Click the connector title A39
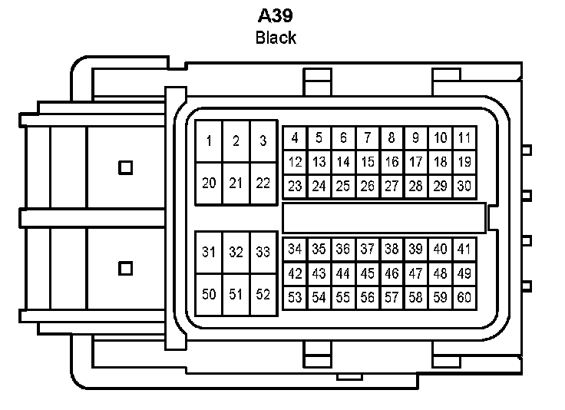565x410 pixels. [x=276, y=16]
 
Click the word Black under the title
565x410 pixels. [x=276, y=38]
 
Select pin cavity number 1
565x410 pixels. [x=209, y=141]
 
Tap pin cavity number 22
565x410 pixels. [x=263, y=184]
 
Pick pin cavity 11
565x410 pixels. [x=465, y=137]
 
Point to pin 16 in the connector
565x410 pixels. [x=392, y=162]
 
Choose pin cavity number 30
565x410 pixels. [x=465, y=187]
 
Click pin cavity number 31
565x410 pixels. [x=209, y=252]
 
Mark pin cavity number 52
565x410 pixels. [x=263, y=295]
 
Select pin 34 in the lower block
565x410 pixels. [x=295, y=249]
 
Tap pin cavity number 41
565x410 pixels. [x=465, y=249]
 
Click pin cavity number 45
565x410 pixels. [x=368, y=273]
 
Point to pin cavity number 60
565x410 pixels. [x=465, y=298]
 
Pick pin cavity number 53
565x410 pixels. [x=295, y=298]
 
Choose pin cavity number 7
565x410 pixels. [x=368, y=137]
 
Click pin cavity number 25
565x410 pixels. [x=343, y=187]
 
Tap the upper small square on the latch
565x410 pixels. [x=125, y=167]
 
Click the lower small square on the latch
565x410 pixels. [x=125, y=269]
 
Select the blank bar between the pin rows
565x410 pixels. [x=384, y=218]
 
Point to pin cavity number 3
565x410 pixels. [x=263, y=141]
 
